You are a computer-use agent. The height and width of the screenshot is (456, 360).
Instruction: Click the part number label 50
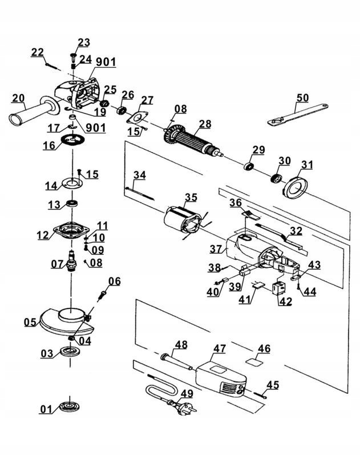302,97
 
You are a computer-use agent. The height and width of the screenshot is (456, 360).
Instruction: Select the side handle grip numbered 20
33,111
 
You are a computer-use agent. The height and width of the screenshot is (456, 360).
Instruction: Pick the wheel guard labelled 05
66,320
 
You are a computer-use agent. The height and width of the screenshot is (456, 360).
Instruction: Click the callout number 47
220,348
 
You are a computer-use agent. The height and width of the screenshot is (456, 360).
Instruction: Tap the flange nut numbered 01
70,407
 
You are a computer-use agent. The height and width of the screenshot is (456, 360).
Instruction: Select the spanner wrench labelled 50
298,114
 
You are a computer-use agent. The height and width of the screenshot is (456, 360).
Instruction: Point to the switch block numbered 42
279,288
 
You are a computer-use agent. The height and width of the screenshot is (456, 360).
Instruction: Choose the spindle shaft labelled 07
71,260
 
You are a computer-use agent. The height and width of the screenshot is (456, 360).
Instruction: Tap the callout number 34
140,175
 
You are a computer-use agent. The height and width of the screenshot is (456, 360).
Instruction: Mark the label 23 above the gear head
84,42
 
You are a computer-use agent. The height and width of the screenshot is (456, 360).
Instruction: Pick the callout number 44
310,291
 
